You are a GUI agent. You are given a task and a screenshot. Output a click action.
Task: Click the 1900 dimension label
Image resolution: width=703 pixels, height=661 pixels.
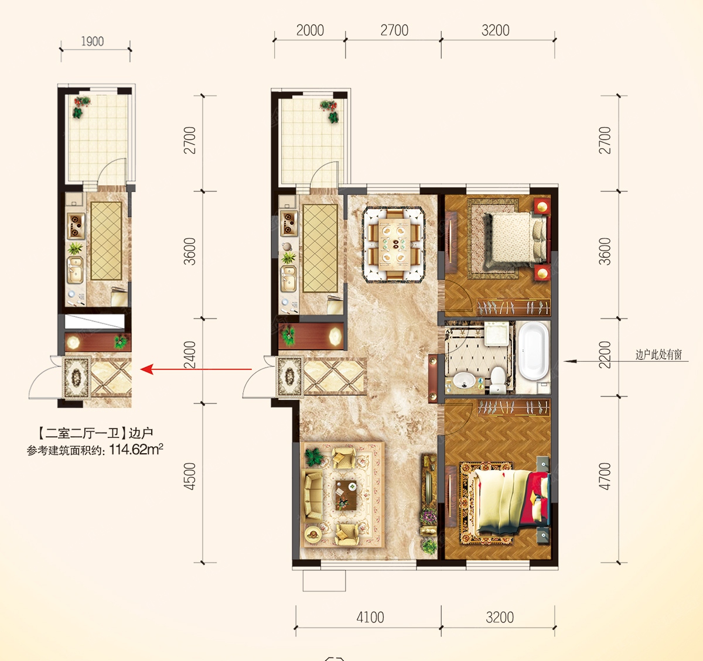pos(93,42)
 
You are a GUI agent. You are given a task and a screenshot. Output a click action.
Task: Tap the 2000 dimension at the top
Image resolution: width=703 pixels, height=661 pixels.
pos(310,30)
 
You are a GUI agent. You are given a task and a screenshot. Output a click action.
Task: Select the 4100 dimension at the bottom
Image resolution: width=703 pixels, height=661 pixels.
pos(370,618)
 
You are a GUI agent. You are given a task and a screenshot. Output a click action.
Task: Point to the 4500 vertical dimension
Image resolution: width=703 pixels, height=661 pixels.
pos(190,477)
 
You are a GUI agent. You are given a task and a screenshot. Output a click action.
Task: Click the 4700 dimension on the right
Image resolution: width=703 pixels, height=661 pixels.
pos(605,477)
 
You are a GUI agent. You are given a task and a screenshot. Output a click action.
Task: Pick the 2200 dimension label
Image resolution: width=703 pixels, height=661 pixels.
pos(605,355)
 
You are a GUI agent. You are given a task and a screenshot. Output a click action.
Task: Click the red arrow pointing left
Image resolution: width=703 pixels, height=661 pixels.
pos(196,369)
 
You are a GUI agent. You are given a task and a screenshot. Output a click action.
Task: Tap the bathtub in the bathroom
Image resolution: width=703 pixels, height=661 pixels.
pos(533,352)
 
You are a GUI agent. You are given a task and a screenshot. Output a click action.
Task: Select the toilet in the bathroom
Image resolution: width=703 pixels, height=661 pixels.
pos(498,380)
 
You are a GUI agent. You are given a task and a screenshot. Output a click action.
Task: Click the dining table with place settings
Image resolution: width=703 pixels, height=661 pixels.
pos(393,245)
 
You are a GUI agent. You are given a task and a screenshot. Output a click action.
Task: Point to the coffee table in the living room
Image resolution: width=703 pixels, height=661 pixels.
pos(346,495)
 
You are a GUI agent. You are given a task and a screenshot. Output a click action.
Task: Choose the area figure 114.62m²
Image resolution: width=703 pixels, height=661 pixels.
pos(136,450)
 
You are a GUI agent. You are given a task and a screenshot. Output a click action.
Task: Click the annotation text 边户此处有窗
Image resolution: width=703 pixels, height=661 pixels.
pos(658,355)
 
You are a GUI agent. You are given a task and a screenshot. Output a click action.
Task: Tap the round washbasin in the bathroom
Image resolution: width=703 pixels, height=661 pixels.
pos(464,381)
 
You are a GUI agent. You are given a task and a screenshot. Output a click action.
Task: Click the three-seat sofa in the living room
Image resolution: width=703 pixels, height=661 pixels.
pos(313,495)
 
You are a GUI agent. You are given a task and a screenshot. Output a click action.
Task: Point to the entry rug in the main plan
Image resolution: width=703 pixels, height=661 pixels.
pos(290,376)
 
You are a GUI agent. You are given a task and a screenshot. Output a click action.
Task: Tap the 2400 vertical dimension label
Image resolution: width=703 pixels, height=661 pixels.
pos(190,355)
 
